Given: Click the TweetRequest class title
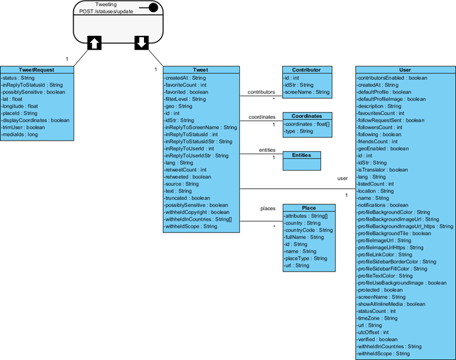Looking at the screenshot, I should coord(36,70).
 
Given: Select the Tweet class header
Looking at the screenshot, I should coord(201,70).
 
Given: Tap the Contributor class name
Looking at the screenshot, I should coord(306,70).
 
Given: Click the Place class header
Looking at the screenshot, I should coord(309,208).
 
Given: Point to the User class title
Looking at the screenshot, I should coord(405,70).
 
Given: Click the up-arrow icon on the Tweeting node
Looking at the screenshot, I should coord(94,43).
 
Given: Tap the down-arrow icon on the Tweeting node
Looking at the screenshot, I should coord(141,43).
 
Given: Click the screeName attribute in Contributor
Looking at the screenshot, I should coord(307,92).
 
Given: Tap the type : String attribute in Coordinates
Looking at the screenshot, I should coord(300,131).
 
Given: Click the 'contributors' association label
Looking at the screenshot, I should coord(261,92).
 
